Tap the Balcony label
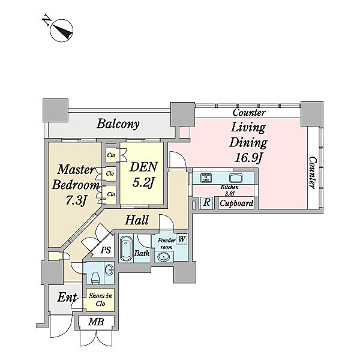[118, 124]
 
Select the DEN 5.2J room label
[143, 175]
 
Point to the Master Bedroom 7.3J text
[76, 185]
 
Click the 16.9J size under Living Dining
[248, 158]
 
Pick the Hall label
[137, 220]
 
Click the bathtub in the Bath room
[126, 248]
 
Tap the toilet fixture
[95, 278]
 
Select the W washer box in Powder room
[182, 239]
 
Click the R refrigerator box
[206, 203]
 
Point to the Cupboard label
[236, 203]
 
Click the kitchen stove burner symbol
[206, 178]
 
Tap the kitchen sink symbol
[236, 178]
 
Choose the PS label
[106, 250]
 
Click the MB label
[96, 322]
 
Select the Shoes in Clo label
[100, 300]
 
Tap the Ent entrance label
[67, 298]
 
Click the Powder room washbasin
[164, 257]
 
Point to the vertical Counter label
[312, 173]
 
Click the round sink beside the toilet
[110, 269]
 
